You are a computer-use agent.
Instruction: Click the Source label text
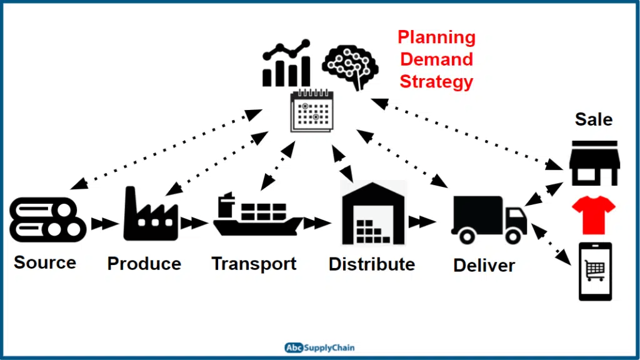[x=44, y=262]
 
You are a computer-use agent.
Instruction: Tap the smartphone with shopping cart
[x=594, y=271]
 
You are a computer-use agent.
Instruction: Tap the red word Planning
[x=436, y=37]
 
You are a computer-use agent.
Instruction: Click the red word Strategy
[x=436, y=82]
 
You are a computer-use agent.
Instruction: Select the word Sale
[x=594, y=119]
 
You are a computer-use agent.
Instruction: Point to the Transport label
[x=254, y=264]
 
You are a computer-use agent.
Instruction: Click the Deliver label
[x=484, y=265]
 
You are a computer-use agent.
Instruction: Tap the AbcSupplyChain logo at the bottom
[x=319, y=347]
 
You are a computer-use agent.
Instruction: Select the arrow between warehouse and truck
[x=423, y=221]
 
